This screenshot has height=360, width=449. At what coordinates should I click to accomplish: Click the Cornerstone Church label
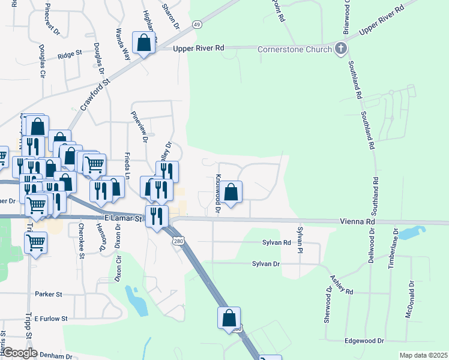(295, 49)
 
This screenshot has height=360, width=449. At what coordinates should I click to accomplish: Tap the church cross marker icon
(341, 48)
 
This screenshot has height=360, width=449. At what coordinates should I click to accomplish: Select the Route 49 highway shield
(196, 24)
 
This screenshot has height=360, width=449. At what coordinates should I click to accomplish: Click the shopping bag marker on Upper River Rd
(144, 44)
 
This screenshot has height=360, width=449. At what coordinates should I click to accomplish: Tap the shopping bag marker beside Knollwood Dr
(231, 193)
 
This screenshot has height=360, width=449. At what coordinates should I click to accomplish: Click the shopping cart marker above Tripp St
(36, 243)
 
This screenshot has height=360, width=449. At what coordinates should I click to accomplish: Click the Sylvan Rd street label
(276, 243)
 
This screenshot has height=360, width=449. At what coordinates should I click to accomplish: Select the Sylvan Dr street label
(266, 263)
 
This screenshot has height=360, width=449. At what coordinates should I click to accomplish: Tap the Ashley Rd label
(341, 284)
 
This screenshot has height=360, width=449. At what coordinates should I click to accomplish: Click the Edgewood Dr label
(364, 341)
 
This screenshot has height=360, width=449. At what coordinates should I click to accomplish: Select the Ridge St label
(70, 54)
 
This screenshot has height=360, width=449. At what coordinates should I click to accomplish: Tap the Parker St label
(49, 295)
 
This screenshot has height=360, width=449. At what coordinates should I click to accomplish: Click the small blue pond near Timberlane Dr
(414, 232)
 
